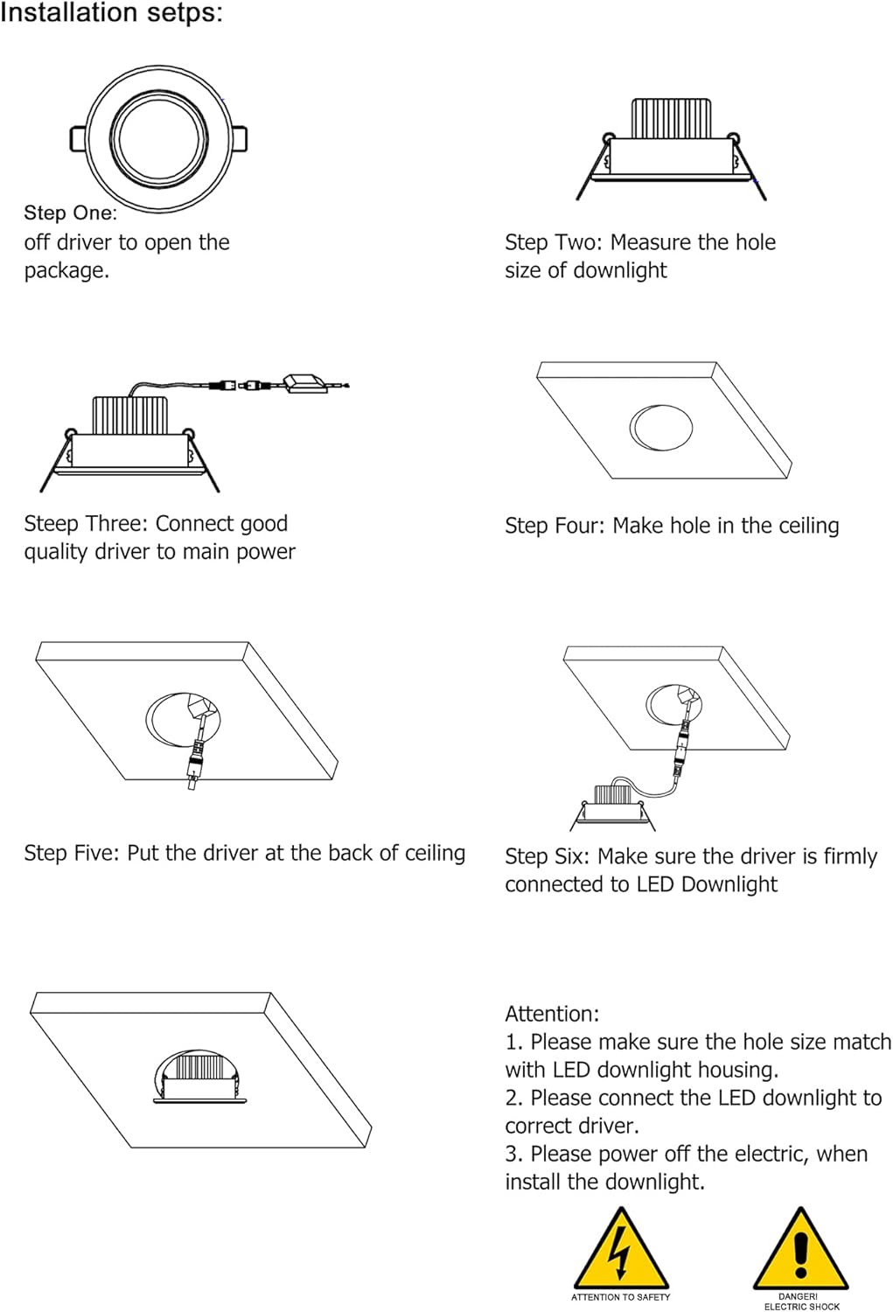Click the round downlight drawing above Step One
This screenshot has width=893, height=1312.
tap(158, 139)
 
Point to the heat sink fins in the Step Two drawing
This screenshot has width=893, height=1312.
tap(670, 117)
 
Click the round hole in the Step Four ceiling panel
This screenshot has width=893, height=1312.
tap(661, 427)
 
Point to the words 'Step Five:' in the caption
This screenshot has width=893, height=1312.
tap(73, 853)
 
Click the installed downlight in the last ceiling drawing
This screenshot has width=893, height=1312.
tap(198, 1074)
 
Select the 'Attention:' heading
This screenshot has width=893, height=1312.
tap(552, 1014)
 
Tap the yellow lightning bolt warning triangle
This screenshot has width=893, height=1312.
tap(620, 1249)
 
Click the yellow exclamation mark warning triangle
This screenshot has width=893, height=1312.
tap(800, 1249)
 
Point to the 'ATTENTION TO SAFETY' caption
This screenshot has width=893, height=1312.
tap(620, 1297)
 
